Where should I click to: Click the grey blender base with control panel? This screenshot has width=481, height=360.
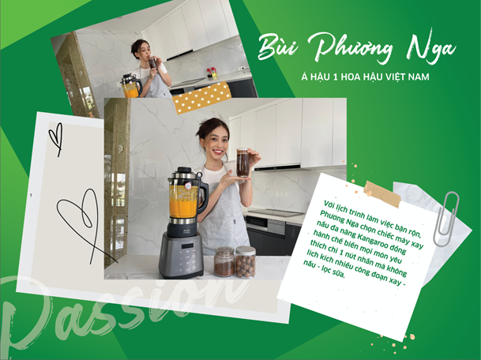[x=187, y=253]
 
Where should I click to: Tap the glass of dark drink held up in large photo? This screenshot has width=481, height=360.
[x=242, y=161]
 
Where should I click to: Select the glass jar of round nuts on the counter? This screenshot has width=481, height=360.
[x=246, y=262]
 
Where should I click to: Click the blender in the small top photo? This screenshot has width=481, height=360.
[x=130, y=84]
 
